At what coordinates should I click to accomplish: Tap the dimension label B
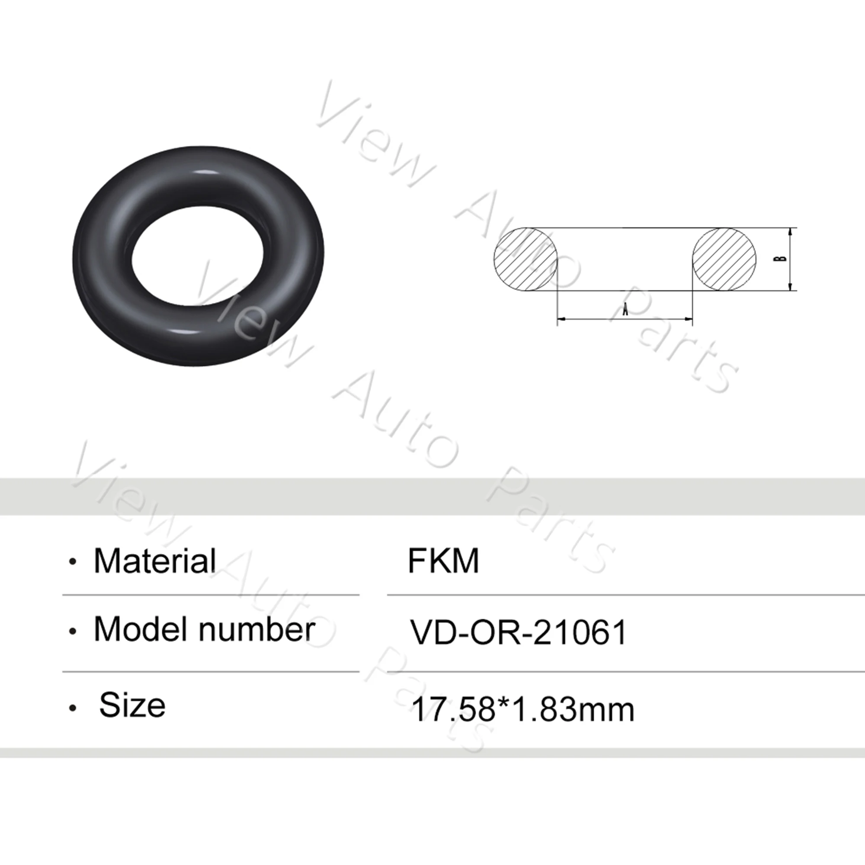pyautogui.click(x=781, y=259)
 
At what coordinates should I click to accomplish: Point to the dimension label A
pyautogui.click(x=625, y=308)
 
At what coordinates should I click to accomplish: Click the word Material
pyautogui.click(x=154, y=561)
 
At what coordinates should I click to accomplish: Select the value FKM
pyautogui.click(x=443, y=561)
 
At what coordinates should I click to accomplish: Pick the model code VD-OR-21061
pyautogui.click(x=519, y=633)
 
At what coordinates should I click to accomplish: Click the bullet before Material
pyautogui.click(x=73, y=562)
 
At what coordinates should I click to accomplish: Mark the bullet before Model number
pyautogui.click(x=73, y=632)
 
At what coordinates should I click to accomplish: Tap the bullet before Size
pyautogui.click(x=73, y=708)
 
